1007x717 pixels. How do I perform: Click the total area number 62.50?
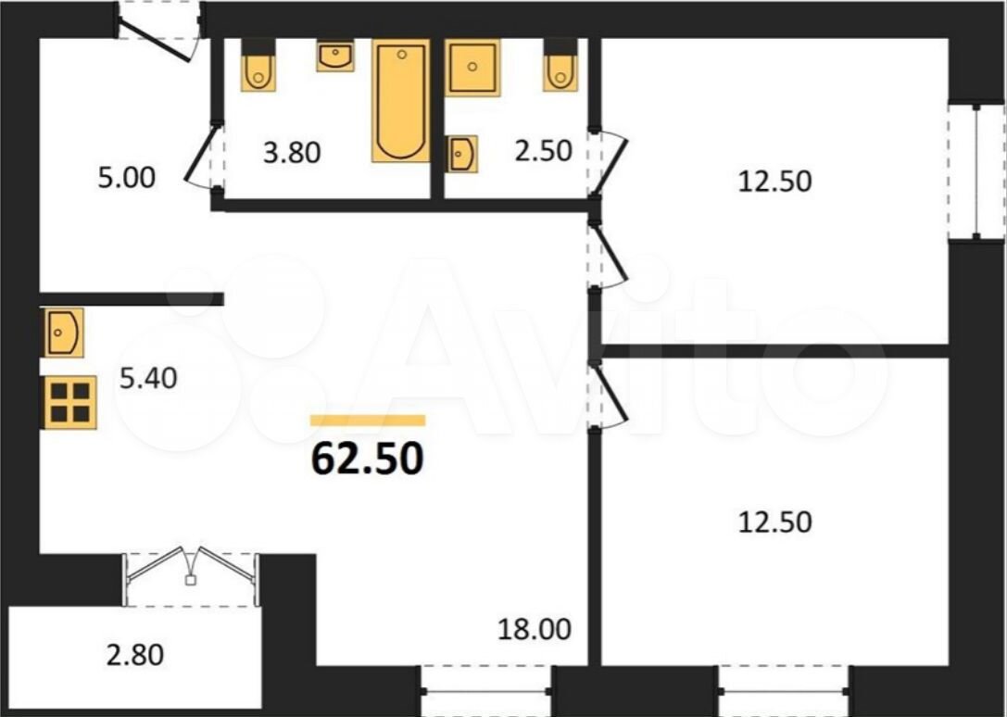[368, 459]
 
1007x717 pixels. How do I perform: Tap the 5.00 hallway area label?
[127, 178]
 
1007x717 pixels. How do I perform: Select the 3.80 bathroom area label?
[292, 154]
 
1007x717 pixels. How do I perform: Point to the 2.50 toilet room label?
[543, 151]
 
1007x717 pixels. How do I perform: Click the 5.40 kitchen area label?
[148, 378]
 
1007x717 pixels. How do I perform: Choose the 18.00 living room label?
[535, 630]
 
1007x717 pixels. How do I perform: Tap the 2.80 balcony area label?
[135, 655]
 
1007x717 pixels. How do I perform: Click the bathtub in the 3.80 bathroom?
[401, 100]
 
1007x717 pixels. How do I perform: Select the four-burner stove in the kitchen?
[69, 402]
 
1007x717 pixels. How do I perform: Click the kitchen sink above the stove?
[62, 333]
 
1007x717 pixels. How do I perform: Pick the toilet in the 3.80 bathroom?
[258, 64]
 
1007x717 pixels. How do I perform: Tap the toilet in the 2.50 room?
[560, 64]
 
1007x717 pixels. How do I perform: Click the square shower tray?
[472, 68]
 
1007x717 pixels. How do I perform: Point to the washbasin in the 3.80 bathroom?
[335, 56]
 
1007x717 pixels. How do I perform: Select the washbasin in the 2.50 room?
[461, 154]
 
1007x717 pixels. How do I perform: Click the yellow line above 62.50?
[368, 421]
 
